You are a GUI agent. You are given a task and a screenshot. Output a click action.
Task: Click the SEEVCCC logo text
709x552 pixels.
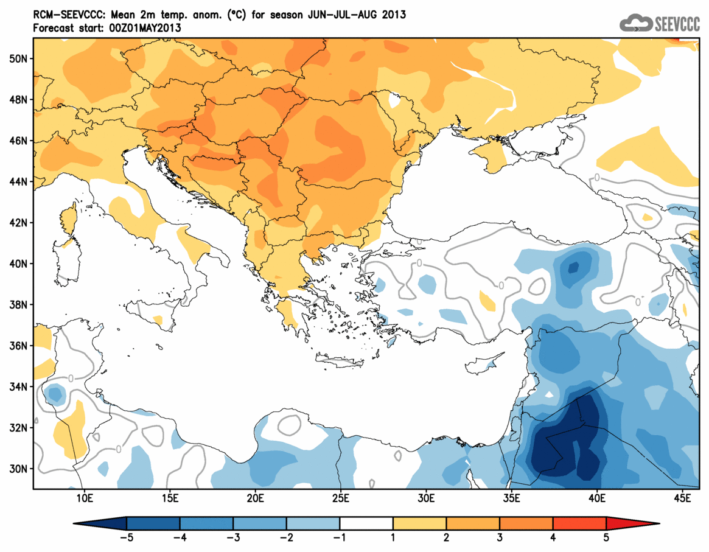677,24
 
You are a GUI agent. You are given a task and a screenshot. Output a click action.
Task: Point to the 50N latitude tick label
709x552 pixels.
19,58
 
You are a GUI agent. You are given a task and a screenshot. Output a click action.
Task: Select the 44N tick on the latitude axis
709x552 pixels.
19,181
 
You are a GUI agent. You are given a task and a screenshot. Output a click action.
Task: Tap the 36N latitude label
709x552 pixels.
19,346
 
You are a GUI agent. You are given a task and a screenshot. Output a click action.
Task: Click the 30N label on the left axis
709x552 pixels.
19,469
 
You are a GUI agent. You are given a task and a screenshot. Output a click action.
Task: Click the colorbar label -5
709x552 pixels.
126,538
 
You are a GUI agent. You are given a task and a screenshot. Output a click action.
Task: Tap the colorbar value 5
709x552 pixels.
607,538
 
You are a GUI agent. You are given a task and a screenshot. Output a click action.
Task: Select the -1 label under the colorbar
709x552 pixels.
340,538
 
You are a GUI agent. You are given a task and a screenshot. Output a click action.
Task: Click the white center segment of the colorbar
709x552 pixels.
366,523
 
